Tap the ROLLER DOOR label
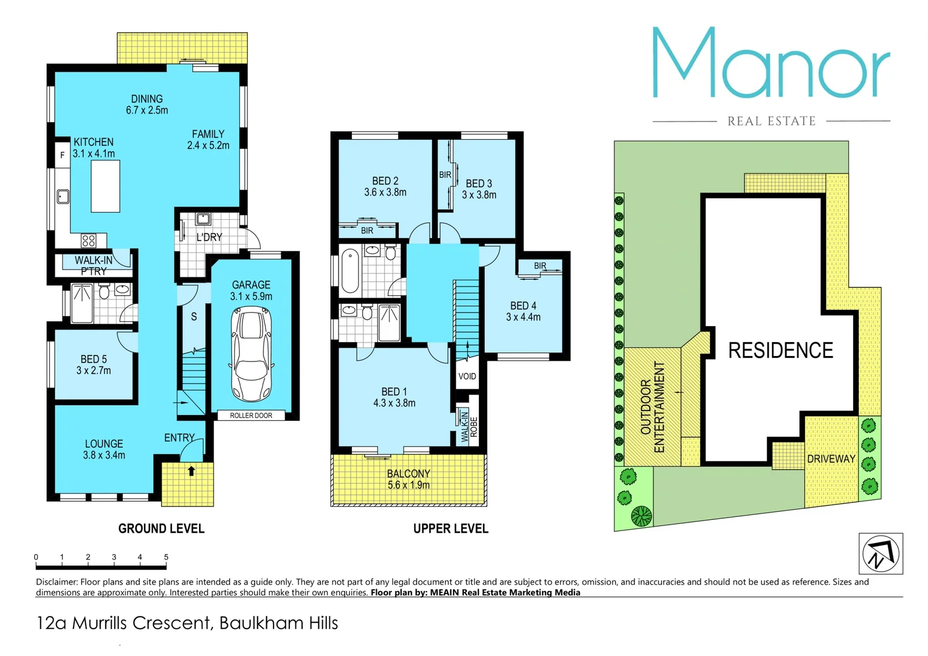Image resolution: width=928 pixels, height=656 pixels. (251, 415)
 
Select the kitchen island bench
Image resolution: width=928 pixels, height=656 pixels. (105, 186)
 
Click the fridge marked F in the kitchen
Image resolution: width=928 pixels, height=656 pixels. (62, 155)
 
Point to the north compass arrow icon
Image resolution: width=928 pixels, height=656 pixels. (881, 553)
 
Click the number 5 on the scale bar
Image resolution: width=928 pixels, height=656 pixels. (166, 557)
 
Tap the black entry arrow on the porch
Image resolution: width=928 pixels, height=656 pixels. (191, 471)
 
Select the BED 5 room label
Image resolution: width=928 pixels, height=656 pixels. (94, 365)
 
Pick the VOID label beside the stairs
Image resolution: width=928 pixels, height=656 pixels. (467, 377)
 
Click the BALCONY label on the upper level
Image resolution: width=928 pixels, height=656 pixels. (408, 479)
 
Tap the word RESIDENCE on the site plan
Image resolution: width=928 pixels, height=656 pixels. (780, 350)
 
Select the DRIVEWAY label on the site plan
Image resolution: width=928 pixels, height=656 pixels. (831, 459)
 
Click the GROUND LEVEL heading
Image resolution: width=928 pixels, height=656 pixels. (161, 528)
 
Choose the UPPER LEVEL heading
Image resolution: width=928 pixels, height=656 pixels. (450, 528)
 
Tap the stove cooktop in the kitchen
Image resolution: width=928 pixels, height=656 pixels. (89, 241)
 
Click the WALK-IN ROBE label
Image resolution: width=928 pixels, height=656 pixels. (469, 426)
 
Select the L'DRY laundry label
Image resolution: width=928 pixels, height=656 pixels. (209, 237)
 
